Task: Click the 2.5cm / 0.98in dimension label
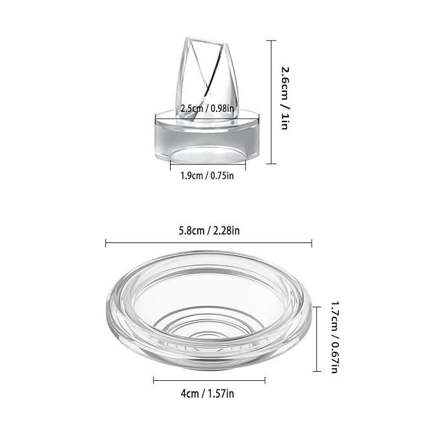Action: (x=206, y=109)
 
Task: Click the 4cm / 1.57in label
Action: (x=208, y=393)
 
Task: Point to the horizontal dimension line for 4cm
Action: (x=208, y=381)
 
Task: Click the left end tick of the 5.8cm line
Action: (x=105, y=243)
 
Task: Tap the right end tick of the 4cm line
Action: (x=265, y=381)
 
